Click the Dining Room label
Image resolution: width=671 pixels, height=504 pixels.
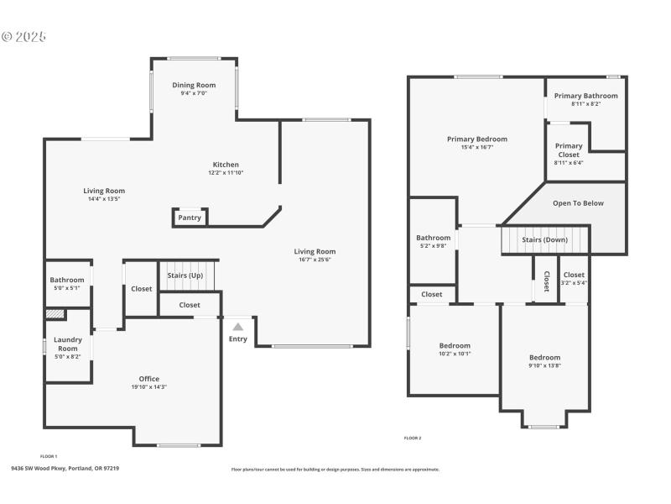[194, 85]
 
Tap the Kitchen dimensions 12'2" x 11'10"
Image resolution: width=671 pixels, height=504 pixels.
[225, 173]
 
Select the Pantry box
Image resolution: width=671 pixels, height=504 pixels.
[190, 218]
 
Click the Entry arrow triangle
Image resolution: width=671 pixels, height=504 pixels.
[238, 327]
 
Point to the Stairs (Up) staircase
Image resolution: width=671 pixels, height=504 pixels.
[186, 276]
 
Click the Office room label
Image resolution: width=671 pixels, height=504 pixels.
[149, 379]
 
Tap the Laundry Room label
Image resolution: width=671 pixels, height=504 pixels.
[68, 344]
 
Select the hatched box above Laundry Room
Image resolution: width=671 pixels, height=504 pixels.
[55, 314]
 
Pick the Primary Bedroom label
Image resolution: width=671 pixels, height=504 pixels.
[476, 139]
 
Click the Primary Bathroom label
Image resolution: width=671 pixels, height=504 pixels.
[585, 96]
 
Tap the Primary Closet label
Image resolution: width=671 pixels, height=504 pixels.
[568, 150]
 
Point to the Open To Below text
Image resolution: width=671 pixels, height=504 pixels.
[577, 203]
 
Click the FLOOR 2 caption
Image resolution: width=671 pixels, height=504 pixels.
[413, 438]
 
